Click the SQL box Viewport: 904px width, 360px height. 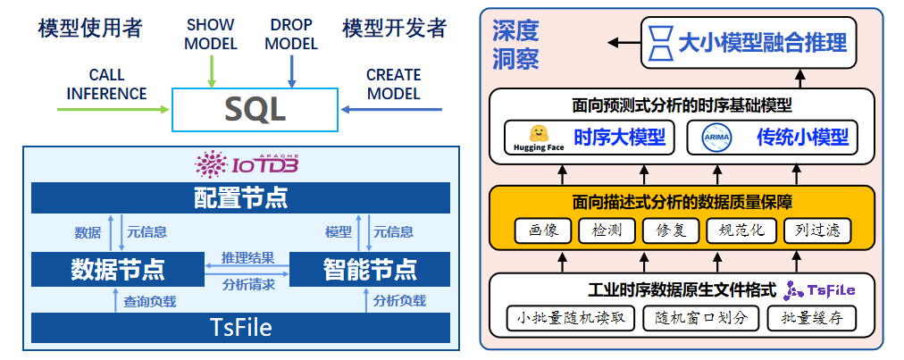(x=255, y=109)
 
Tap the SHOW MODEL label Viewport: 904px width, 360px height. (x=211, y=35)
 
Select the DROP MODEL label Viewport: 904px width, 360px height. (x=291, y=35)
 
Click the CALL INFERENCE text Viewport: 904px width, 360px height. (x=106, y=84)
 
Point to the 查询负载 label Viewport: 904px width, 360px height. (x=149, y=301)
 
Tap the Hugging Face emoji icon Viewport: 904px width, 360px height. (x=539, y=133)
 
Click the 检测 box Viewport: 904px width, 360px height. (x=607, y=230)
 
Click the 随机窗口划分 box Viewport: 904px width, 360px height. (x=700, y=318)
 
